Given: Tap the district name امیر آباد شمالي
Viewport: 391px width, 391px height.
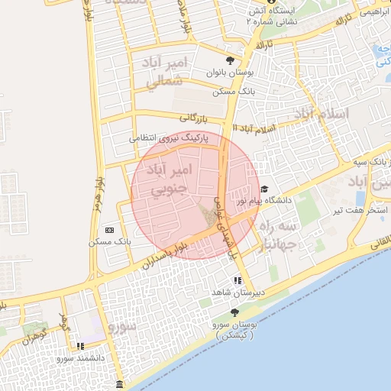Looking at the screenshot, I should [x=157, y=70].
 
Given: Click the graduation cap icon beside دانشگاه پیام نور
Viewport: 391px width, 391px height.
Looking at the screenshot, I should [x=265, y=189].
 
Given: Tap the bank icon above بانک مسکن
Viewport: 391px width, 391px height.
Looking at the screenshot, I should [x=110, y=230].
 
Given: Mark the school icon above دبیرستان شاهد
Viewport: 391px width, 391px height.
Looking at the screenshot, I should [x=239, y=280].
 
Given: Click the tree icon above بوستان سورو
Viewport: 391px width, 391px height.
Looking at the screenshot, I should [x=235, y=312].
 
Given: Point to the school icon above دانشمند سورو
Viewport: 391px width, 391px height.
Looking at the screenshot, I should [x=81, y=346].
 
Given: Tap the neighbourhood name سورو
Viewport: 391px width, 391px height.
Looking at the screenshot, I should [x=121, y=328].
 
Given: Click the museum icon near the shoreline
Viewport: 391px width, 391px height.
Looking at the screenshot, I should [x=119, y=383].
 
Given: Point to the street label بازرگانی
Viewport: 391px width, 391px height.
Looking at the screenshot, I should [x=194, y=118].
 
